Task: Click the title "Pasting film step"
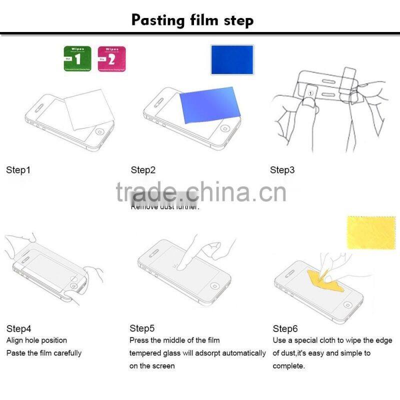pos(192,20)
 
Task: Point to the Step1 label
pos(18,170)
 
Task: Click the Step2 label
pos(143,170)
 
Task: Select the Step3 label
pos(282,170)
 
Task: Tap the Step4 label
pos(18,328)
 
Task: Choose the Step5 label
pos(142,328)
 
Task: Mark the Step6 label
pos(285,328)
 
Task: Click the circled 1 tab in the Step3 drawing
pos(310,92)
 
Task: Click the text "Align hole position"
pos(36,340)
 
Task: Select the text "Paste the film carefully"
pos(43,353)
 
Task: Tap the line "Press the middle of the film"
pos(174,340)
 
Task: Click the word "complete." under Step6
pos(289,366)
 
